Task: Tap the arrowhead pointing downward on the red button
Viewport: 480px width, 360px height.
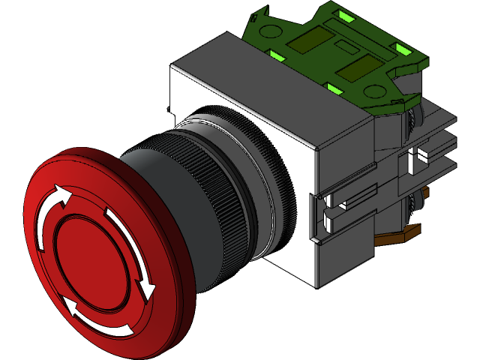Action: click(x=147, y=288)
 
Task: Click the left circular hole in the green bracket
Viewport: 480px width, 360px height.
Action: click(x=273, y=31)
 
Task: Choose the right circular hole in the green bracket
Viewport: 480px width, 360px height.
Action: click(x=373, y=91)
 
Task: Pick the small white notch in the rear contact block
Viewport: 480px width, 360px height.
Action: click(x=417, y=158)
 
